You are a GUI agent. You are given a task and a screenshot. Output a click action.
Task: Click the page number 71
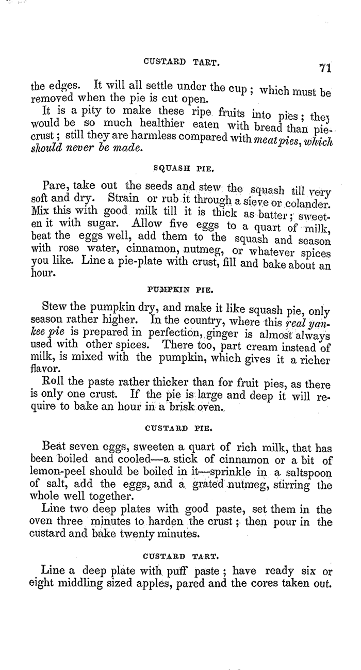tap(324, 68)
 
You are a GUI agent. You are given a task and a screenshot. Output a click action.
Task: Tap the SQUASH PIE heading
tap(180, 168)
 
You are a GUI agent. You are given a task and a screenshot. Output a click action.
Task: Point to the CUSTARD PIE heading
tap(180, 427)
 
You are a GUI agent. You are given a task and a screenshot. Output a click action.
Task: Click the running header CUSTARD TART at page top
tap(180, 62)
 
